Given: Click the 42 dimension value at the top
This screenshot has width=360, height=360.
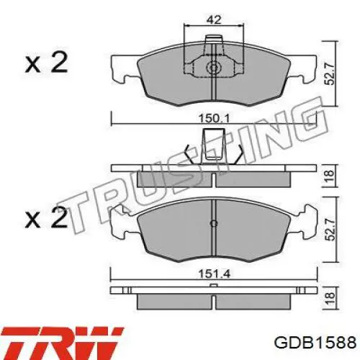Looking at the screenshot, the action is (x=214, y=19).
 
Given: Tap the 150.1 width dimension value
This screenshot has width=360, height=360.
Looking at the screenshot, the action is (x=215, y=119).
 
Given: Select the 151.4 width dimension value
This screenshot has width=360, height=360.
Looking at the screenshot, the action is (x=215, y=274).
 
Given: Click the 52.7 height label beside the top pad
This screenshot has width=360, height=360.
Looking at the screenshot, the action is (x=329, y=73).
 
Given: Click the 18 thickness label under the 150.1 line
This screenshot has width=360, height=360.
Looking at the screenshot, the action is (x=330, y=176).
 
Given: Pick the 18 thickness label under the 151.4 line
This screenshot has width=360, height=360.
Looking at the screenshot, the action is (x=330, y=298).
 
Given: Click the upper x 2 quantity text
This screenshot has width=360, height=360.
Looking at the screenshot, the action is (x=46, y=62).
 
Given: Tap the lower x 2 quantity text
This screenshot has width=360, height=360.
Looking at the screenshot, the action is (x=46, y=217).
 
